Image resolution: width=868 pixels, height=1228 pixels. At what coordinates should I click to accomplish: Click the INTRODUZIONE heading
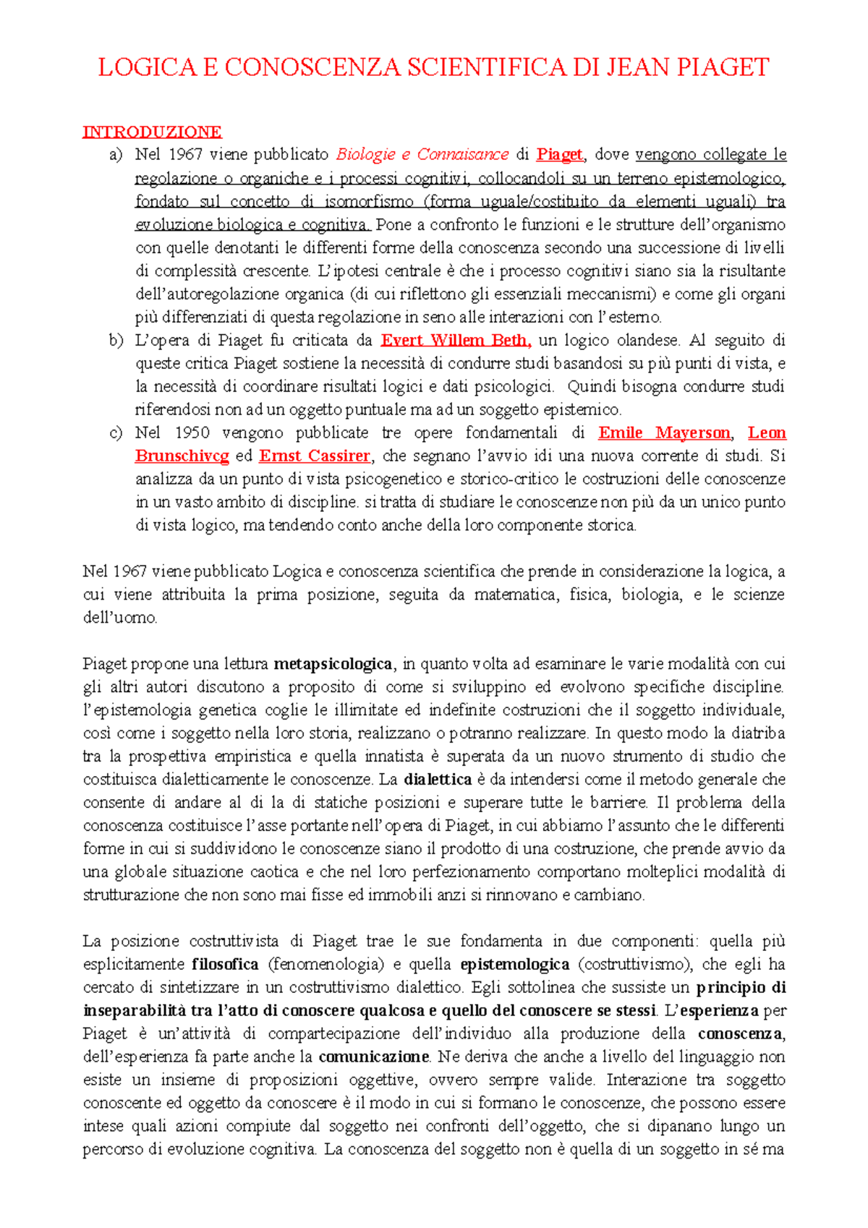[x=152, y=132]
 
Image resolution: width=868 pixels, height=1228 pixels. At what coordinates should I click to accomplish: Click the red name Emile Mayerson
[x=664, y=432]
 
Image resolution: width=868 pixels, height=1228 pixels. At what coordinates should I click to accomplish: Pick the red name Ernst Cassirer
[x=315, y=456]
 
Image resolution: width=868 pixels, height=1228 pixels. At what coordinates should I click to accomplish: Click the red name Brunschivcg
[x=182, y=456]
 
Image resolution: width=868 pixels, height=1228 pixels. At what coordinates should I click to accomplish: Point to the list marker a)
[x=116, y=155]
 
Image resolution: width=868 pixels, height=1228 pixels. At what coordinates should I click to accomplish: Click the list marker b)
[x=116, y=340]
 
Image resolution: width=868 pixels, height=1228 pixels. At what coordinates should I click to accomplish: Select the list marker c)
[x=116, y=432]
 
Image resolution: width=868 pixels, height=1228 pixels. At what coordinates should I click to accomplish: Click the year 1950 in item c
[x=192, y=432]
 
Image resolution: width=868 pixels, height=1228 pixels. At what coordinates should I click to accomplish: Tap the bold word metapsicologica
[x=333, y=664]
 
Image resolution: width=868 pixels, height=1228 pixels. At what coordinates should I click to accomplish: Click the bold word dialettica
[x=438, y=780]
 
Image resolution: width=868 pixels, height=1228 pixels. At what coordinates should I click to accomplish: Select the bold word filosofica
[x=225, y=965]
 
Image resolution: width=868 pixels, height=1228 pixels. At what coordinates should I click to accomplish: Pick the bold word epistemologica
[x=515, y=965]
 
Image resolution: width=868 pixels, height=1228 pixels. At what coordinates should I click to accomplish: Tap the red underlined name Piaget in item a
[x=559, y=155]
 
